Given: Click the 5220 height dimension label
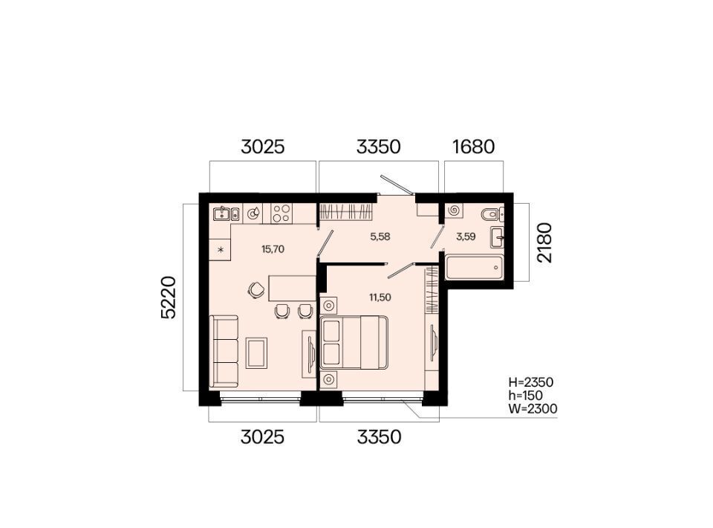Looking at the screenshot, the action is click(169, 297).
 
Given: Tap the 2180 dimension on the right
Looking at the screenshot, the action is click(544, 242).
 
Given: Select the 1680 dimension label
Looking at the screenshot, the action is click(473, 147).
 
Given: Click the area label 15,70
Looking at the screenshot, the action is click(273, 249).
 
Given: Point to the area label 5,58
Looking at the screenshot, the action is click(380, 236).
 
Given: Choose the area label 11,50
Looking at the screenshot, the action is click(380, 297).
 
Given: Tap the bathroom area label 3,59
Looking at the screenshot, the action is click(466, 236).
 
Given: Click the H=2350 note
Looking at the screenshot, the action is click(530, 382).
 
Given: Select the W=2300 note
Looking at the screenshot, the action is click(533, 409).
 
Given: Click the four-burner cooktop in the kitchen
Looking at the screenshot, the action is click(281, 213).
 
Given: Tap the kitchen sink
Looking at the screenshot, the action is click(226, 213).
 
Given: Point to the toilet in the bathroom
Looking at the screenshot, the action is click(492, 213).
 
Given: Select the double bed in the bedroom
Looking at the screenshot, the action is click(354, 343).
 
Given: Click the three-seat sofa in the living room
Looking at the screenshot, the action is click(224, 351).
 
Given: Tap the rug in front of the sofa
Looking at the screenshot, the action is click(256, 352).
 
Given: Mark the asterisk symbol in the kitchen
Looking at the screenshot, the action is click(221, 249).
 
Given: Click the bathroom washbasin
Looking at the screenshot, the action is click(497, 237).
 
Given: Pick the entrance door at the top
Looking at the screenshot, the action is click(397, 184).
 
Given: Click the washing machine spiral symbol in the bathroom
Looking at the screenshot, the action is click(453, 210).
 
